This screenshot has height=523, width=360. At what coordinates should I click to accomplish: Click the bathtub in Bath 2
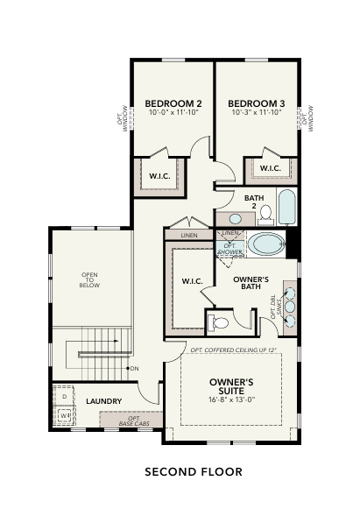click(286, 206)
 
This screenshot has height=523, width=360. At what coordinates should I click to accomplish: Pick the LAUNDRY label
click(103, 401)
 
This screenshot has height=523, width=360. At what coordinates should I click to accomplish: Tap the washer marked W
click(64, 416)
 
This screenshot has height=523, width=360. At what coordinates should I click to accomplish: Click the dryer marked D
click(64, 396)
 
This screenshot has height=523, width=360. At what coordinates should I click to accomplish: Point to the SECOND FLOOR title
click(193, 472)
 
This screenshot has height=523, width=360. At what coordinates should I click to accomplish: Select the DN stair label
click(134, 368)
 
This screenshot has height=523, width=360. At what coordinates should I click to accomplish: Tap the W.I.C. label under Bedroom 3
click(270, 168)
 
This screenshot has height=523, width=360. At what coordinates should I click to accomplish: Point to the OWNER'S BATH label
click(251, 282)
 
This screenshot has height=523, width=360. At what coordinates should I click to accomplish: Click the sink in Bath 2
click(236, 218)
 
